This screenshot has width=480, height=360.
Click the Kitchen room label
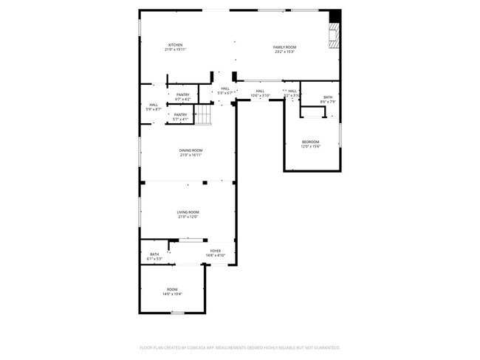[x=176, y=45]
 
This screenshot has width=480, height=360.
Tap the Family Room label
[x=284, y=47]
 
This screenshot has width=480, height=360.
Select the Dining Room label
[x=191, y=150]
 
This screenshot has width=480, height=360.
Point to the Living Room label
[x=188, y=212]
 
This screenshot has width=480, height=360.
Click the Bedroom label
[x=310, y=142]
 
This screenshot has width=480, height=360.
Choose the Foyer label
[x=216, y=251]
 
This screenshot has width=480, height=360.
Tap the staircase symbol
[x=203, y=115]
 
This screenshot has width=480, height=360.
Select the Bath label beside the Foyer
[x=154, y=255]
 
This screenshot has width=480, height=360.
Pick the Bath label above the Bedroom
[x=328, y=97]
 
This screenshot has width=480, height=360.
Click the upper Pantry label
[x=183, y=94]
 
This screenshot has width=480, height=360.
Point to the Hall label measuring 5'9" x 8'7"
[x=154, y=105]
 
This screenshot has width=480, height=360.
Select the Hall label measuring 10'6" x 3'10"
[x=260, y=91]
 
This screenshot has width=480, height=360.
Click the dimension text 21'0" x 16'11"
[x=191, y=156]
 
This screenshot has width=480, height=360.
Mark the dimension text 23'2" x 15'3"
[x=284, y=52]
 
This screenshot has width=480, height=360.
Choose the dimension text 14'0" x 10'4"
[x=172, y=294]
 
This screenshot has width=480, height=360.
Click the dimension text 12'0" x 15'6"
[x=310, y=147]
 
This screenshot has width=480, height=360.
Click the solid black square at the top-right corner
[x=335, y=15]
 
